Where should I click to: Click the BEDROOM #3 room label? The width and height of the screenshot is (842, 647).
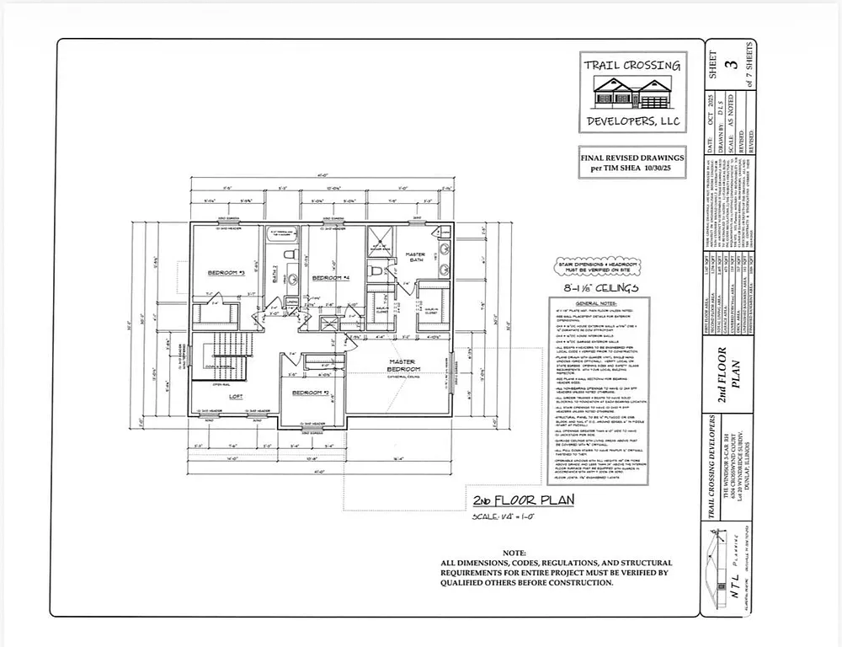click(226, 273)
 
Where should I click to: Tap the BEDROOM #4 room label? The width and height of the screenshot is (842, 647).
click(330, 277)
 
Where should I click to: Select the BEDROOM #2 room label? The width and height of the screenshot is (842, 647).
click(309, 393)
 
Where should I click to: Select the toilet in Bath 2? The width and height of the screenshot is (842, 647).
click(288, 255)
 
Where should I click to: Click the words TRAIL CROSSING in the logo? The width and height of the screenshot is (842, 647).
click(632, 65)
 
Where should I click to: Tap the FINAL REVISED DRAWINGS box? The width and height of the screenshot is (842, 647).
click(632, 163)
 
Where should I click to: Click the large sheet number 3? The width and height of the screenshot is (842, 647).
click(733, 63)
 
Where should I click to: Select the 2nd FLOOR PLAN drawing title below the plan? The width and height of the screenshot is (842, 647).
click(522, 501)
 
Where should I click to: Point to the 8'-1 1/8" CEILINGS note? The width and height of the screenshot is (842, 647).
click(594, 288)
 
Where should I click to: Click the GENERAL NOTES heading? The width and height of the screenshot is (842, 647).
click(597, 302)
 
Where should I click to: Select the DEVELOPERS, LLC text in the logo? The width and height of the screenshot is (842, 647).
click(632, 122)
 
